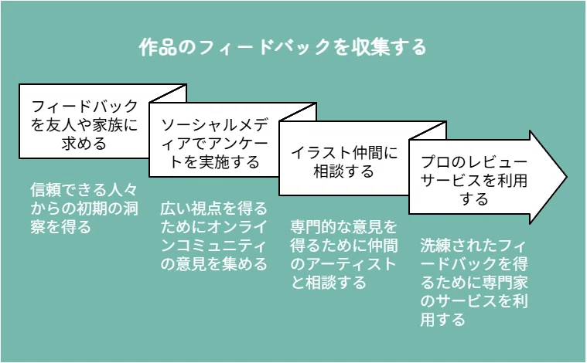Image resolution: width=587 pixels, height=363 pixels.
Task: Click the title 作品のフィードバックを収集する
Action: click(282, 47)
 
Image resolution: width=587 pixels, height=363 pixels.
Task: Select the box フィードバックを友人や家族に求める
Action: click(84, 121)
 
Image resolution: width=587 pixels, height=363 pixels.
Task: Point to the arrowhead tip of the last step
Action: click(567, 177)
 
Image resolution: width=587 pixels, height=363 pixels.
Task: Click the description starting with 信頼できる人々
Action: click(84, 209)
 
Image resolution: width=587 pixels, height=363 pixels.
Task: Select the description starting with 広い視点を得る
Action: click(213, 236)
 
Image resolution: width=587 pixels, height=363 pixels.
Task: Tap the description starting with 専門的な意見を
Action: click(343, 255)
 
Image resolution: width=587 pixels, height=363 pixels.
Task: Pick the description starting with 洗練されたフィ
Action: click(473, 282)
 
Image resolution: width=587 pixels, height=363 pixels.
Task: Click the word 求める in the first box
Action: click(84, 144)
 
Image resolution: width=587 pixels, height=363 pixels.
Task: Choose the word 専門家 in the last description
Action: click(505, 282)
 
